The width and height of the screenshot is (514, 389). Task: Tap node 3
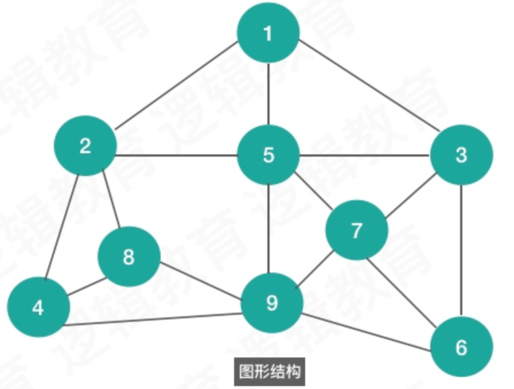(x=461, y=154)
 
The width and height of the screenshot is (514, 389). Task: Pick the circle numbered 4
(x=38, y=308)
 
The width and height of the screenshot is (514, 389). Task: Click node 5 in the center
(x=268, y=154)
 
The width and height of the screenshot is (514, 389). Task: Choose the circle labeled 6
(x=461, y=347)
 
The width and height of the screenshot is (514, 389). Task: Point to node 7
(x=356, y=230)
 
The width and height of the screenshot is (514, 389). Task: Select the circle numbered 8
(x=128, y=256)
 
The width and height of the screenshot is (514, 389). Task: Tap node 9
(x=271, y=302)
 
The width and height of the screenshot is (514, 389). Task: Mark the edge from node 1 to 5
(x=268, y=94)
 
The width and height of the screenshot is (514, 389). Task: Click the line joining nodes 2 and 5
(x=177, y=155)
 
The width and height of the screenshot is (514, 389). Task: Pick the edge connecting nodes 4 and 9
(x=152, y=320)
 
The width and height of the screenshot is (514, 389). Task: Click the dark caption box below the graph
(x=268, y=372)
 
